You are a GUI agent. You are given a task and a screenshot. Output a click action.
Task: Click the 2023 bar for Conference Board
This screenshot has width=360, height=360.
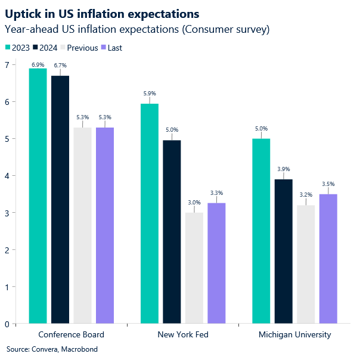38,197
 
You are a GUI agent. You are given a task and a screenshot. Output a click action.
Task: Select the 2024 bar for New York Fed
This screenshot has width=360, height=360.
172,232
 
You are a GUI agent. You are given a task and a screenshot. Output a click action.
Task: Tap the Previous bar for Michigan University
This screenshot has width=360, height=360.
306,265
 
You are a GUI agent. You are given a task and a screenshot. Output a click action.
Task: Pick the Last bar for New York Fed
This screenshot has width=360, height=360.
216,263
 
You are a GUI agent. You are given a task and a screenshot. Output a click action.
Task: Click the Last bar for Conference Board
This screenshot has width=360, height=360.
105,226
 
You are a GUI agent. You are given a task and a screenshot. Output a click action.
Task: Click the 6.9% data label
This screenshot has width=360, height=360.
38,64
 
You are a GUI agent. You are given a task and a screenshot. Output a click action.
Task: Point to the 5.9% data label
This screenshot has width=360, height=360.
150,93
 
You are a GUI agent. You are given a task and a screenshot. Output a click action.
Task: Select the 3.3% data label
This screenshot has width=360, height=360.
216,193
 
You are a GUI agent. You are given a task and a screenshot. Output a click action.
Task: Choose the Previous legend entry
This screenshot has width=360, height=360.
77,48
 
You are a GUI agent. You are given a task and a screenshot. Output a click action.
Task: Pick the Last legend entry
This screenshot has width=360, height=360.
111,48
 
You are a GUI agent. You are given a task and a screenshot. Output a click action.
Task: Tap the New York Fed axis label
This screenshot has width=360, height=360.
183,334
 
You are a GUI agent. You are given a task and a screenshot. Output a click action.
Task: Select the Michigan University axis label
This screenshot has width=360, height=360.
294,334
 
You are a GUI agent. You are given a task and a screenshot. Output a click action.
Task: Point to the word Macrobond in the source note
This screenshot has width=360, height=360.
79,349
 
